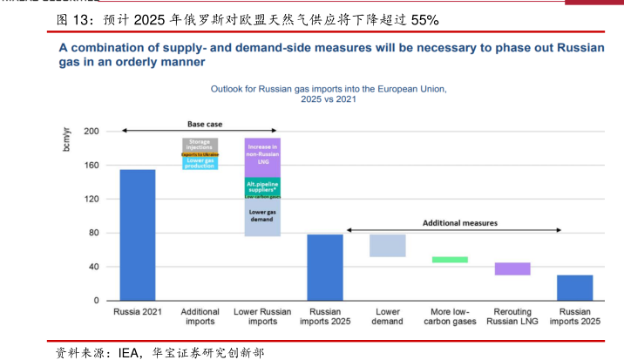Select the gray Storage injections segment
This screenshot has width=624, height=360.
click(200, 145)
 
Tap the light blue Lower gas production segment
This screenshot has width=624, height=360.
click(200, 162)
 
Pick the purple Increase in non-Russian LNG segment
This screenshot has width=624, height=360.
click(261, 157)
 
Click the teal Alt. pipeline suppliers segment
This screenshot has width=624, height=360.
click(261, 186)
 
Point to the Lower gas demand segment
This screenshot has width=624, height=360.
click(261, 217)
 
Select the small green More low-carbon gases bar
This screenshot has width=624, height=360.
click(450, 260)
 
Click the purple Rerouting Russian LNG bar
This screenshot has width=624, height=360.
click(512, 268)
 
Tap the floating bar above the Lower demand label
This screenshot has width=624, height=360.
click(387, 245)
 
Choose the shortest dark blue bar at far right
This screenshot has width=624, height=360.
click(574, 288)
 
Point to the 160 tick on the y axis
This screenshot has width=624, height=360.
click(91, 166)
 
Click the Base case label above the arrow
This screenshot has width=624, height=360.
click(205, 125)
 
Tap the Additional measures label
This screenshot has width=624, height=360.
click(460, 223)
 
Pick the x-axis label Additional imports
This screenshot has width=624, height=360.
click(200, 316)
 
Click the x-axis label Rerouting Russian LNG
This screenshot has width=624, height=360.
click(512, 316)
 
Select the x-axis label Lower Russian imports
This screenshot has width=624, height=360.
click(261, 316)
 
